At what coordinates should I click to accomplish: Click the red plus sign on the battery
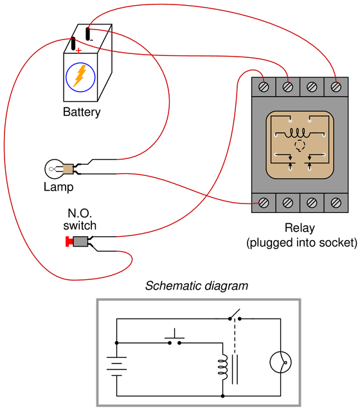78,50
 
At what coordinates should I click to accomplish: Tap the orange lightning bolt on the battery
80,76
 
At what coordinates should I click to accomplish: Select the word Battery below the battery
82,112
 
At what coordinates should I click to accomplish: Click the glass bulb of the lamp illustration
54,169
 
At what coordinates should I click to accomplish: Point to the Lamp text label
59,187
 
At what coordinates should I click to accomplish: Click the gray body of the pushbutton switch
80,241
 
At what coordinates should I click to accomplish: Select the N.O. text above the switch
80,214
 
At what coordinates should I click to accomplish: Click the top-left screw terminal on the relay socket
264,87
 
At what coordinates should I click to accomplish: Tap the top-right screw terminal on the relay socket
336,87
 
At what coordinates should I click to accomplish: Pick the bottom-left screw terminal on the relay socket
264,203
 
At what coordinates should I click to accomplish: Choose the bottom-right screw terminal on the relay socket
336,203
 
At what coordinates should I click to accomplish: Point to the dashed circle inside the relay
300,146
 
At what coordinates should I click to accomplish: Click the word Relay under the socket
300,228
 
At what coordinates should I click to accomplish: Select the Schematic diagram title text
197,286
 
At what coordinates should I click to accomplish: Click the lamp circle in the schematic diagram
280,362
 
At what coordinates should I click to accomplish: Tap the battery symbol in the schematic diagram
116,366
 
